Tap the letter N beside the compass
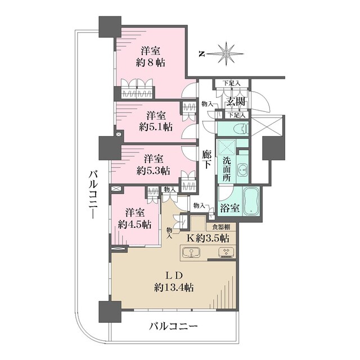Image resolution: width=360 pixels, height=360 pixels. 201,54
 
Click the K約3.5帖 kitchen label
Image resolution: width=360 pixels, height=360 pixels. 208,238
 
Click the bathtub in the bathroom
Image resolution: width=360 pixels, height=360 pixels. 250,200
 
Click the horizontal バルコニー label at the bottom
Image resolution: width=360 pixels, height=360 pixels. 173,326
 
